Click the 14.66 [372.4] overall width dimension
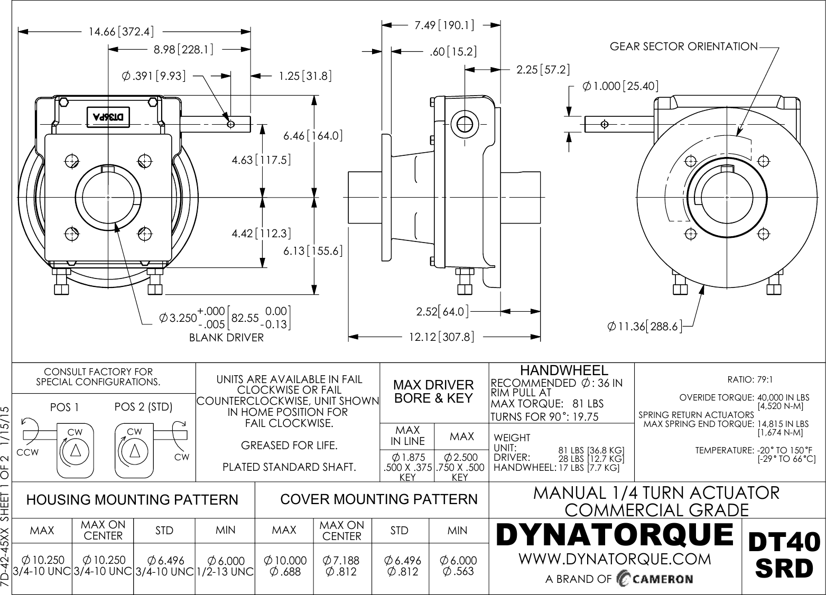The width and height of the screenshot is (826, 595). tap(121, 32)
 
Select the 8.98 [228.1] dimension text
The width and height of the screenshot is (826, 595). tap(183, 50)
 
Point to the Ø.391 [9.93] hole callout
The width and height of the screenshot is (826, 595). tap(154, 76)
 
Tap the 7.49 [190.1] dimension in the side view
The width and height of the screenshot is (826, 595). tap(444, 25)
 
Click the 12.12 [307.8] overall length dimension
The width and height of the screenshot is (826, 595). tap(441, 337)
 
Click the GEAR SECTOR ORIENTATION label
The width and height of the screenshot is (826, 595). tap(683, 47)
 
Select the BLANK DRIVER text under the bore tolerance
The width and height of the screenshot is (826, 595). tap(226, 338)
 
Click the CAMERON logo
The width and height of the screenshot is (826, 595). tap(655, 579)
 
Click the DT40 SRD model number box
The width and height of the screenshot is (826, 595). tap(784, 555)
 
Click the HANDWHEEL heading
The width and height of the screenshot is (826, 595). tap(564, 370)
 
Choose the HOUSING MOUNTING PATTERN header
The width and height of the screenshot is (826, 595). tap(132, 500)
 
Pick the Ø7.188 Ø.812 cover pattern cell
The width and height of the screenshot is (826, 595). tap(341, 566)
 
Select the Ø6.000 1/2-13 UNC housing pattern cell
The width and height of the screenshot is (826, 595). tap(226, 566)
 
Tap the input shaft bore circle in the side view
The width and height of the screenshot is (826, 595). tap(465, 125)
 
